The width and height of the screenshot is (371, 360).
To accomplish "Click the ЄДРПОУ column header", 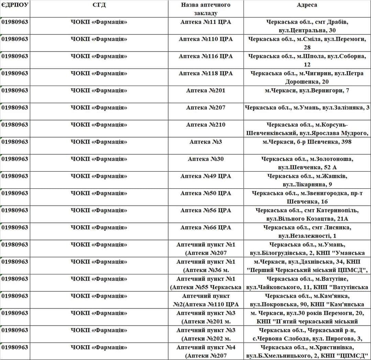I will pyautogui.click(x=15, y=5).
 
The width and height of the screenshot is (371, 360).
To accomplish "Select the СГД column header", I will pyautogui.click(x=99, y=5).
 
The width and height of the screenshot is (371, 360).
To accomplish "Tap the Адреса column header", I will pyautogui.click(x=307, y=5).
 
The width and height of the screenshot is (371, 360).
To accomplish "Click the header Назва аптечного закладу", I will pyautogui.click(x=205, y=9).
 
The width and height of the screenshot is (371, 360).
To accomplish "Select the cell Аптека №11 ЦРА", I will pyautogui.click(x=205, y=22).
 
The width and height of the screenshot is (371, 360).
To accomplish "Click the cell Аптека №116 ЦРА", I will pyautogui.click(x=205, y=56).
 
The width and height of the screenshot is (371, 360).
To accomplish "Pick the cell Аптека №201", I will pyautogui.click(x=205, y=90).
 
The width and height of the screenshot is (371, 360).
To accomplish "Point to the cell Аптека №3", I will pyautogui.click(x=205, y=142).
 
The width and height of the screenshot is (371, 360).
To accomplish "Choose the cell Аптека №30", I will pyautogui.click(x=205, y=159).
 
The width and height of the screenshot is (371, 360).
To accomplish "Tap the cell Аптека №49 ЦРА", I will pyautogui.click(x=205, y=176).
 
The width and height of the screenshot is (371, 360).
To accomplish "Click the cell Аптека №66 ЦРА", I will pyautogui.click(x=205, y=227).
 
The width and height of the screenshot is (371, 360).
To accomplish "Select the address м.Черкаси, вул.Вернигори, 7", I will pyautogui.click(x=307, y=90).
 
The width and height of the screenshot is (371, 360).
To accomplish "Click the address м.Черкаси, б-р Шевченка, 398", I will pyautogui.click(x=307, y=142).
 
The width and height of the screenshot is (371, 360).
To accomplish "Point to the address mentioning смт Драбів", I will pyautogui.click(x=307, y=26).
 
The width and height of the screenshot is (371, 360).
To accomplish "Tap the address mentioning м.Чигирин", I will pyautogui.click(x=307, y=77).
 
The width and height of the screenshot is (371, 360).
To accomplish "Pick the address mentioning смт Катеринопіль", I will pyautogui.click(x=307, y=214).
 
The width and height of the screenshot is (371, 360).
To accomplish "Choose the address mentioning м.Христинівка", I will pyautogui.click(x=307, y=351).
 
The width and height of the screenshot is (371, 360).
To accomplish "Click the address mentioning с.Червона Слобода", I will pyautogui.click(x=307, y=334).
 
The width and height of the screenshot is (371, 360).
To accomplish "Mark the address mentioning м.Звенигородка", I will pyautogui.click(x=307, y=197).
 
